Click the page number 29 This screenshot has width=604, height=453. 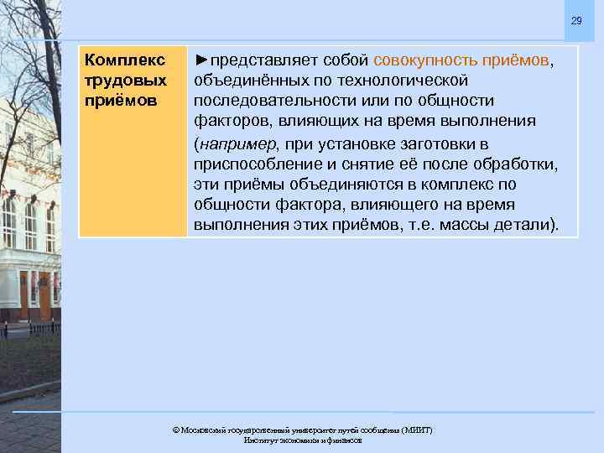(576, 21)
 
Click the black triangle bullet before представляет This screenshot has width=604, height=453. (201, 61)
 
